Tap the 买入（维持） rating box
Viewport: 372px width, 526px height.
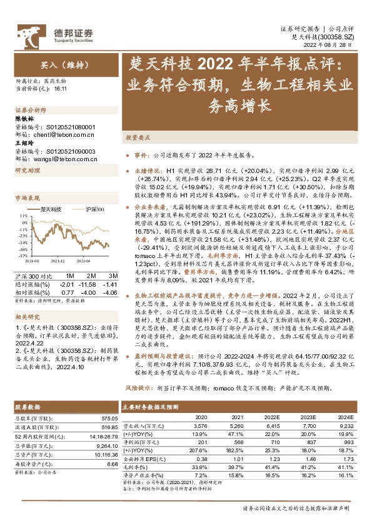tap(56, 64)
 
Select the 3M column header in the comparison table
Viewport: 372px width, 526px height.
tap(113, 275)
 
